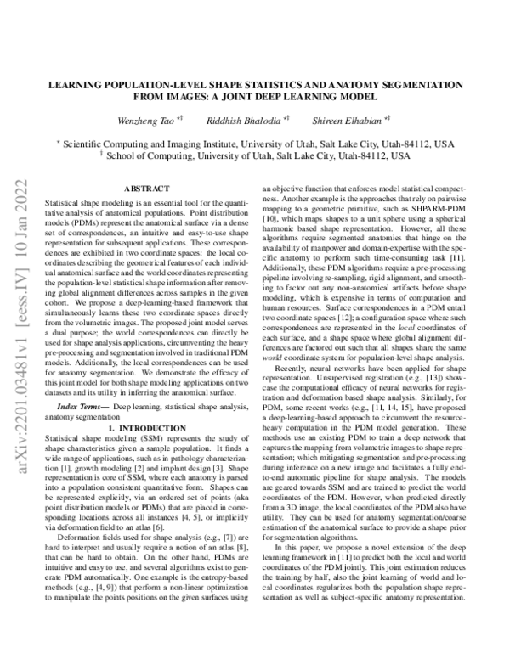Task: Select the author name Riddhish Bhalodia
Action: click(239, 120)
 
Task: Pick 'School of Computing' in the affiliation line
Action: click(157, 157)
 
